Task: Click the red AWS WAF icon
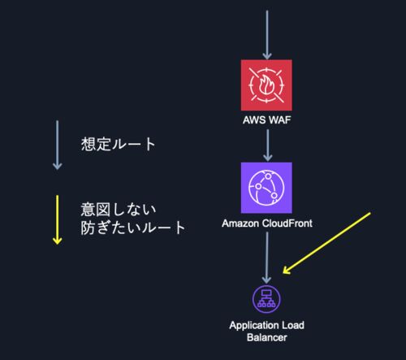coord(266,85)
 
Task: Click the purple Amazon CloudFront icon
coord(266,188)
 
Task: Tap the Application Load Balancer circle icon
coord(266,299)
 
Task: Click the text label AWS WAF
coord(267,120)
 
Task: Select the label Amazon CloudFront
coord(267,223)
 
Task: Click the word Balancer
coord(267,338)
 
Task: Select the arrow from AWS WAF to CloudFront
coord(268,145)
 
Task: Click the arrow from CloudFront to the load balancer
coord(267,258)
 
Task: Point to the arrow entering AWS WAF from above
coord(267,35)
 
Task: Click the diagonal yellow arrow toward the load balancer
coord(326,243)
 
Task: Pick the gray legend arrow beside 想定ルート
coord(57,145)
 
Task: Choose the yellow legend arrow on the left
coord(57,220)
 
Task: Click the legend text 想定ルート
coord(119,144)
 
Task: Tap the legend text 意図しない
coord(119,210)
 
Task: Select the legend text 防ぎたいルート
coord(133,228)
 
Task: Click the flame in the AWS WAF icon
coord(266,85)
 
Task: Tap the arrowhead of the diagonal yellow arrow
coord(286,271)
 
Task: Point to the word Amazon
coord(240,223)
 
